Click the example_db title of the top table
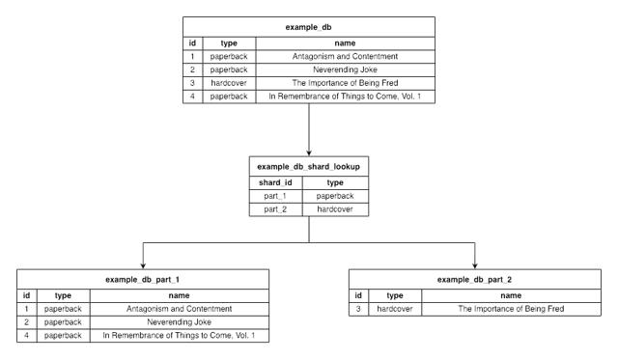coord(308,28)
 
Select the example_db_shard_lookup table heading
coord(308,167)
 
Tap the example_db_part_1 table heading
coord(142,279)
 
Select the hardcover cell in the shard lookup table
coord(335,209)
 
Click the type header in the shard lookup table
coord(335,181)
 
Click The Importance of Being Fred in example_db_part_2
coord(511,308)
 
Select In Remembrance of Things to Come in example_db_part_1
coord(179,335)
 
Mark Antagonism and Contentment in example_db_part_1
coord(179,308)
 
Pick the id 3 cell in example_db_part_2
coord(359,308)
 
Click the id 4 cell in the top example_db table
coord(193,97)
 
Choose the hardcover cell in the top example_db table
coord(230,84)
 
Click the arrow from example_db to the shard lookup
coord(308,130)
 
